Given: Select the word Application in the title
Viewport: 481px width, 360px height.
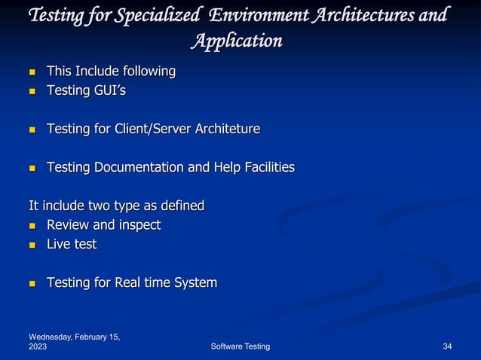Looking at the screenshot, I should tap(236, 40).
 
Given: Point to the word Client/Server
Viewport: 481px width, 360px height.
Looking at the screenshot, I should tap(152, 130).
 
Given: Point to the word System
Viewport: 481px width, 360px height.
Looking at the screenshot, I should tap(194, 283).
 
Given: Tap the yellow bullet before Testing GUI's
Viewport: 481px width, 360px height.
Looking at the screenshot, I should tap(32, 91).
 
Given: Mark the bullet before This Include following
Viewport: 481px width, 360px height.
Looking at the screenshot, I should tap(32, 72).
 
